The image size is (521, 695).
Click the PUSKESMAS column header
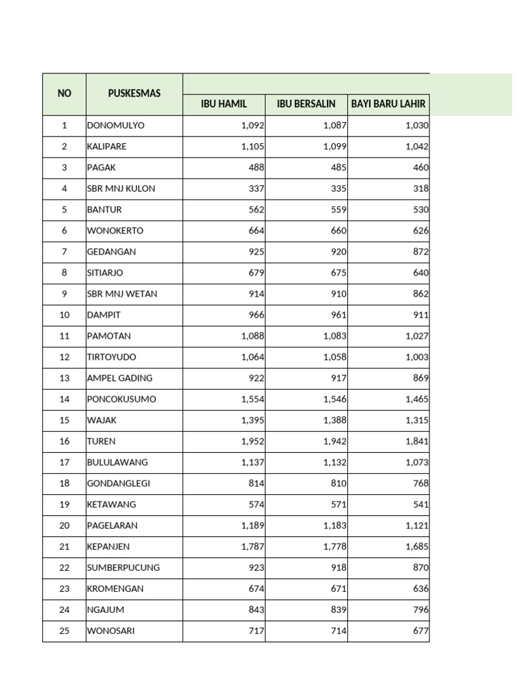[134, 94]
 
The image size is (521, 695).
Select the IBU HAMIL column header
[224, 105]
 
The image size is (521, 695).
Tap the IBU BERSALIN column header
[306, 105]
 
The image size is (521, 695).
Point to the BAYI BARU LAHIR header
[388, 105]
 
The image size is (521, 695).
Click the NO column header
[64, 94]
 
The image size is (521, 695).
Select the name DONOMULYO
[115, 126]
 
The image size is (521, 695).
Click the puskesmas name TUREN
[101, 441]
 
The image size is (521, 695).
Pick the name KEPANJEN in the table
[108, 546]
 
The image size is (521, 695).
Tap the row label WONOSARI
[111, 631]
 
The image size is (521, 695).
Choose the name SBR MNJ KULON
[121, 189]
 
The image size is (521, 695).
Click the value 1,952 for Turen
[252, 441]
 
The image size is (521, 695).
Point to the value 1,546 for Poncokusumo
[334, 399]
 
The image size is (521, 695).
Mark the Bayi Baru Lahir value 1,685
[417, 546]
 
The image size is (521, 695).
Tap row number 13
[64, 378]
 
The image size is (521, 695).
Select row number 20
[64, 525]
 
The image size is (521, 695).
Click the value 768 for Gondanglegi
[421, 483]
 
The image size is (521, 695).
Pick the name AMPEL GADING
[119, 378]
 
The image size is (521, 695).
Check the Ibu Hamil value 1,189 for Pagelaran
[252, 525]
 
